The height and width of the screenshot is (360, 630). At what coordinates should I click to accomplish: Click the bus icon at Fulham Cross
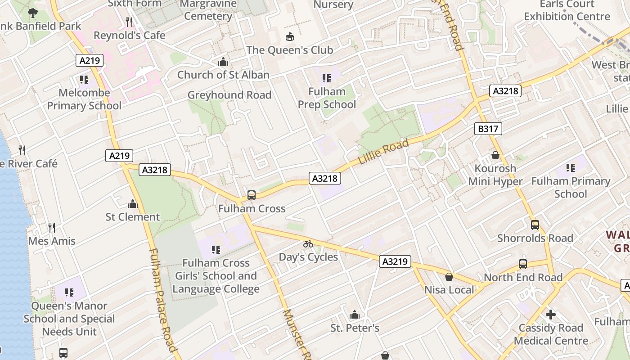point(252,195)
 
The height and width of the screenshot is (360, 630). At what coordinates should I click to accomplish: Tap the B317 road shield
point(488,129)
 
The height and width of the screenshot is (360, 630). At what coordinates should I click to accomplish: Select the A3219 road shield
point(395,261)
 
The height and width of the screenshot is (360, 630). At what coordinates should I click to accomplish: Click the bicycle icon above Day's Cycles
point(308,244)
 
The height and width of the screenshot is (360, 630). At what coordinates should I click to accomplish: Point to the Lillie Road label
point(383,152)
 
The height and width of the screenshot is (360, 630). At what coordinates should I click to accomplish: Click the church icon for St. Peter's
point(355,315)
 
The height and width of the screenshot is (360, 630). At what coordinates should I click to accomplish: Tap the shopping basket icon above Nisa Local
point(449,277)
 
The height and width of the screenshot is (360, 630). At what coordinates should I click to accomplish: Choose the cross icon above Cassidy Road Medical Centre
point(550,315)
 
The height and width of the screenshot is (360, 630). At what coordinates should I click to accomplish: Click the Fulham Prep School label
point(327,98)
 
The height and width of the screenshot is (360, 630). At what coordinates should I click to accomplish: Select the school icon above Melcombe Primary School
point(84,80)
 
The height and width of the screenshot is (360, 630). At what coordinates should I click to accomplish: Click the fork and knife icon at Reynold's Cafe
point(129,22)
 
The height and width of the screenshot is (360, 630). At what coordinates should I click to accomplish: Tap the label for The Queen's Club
point(289,50)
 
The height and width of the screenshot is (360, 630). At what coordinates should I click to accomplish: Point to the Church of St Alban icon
point(223,62)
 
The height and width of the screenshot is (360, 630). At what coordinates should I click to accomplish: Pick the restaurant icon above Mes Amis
point(52,228)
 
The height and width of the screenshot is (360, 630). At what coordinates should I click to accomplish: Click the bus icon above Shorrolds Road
point(535,225)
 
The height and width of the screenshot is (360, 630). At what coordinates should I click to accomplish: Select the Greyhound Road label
point(229,95)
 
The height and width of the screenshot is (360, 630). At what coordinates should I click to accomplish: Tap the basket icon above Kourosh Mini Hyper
point(495,155)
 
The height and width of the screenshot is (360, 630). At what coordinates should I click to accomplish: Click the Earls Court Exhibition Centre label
point(567,10)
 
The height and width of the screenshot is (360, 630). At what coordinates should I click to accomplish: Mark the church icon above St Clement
point(132,204)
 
